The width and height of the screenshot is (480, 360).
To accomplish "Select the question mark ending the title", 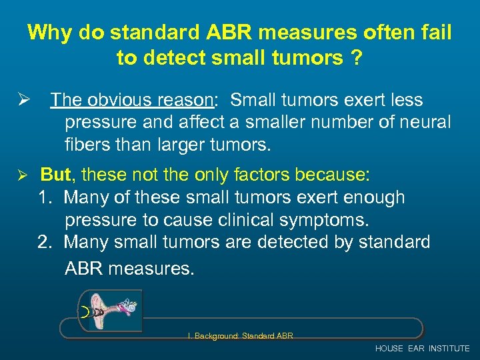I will [x=357, y=59].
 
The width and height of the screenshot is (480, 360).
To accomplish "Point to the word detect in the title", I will [x=175, y=59].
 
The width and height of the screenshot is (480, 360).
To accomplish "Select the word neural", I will [x=426, y=122].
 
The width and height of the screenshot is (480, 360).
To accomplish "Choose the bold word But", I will [x=56, y=175].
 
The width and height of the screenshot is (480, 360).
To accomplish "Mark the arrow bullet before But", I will [x=21, y=175].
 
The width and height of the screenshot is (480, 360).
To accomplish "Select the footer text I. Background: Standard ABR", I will [x=240, y=335].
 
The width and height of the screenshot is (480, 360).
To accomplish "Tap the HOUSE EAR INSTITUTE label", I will [x=423, y=348].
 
